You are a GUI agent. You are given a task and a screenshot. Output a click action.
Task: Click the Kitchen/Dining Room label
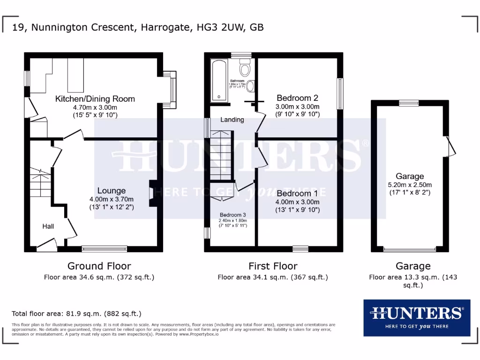click(95, 99)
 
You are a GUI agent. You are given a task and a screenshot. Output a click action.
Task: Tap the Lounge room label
click(112, 191)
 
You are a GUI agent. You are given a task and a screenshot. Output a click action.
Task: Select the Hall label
click(48, 226)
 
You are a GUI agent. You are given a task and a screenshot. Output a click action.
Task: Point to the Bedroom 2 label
click(297, 98)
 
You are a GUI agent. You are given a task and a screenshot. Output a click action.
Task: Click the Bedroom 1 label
click(297, 193)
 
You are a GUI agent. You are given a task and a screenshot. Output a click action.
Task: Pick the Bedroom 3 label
click(232, 215)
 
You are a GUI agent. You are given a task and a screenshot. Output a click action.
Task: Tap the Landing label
click(232, 120)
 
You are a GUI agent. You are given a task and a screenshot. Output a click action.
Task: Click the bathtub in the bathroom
click(219, 81)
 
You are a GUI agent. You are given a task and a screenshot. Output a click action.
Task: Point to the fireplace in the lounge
click(151, 193)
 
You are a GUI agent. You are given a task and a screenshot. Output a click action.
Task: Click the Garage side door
click(450, 146)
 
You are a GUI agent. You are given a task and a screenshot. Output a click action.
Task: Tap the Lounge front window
click(105, 249)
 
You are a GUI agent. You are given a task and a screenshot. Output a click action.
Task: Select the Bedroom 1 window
click(300, 249)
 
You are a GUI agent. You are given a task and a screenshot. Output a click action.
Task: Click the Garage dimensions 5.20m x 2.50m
click(410, 185)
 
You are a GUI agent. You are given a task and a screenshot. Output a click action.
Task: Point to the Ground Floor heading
click(99, 266)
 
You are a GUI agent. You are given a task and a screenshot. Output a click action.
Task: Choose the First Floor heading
click(273, 266)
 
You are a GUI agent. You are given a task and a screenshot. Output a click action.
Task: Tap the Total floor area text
click(76, 314)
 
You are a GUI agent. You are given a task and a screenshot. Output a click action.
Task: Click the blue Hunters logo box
click(417, 318)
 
